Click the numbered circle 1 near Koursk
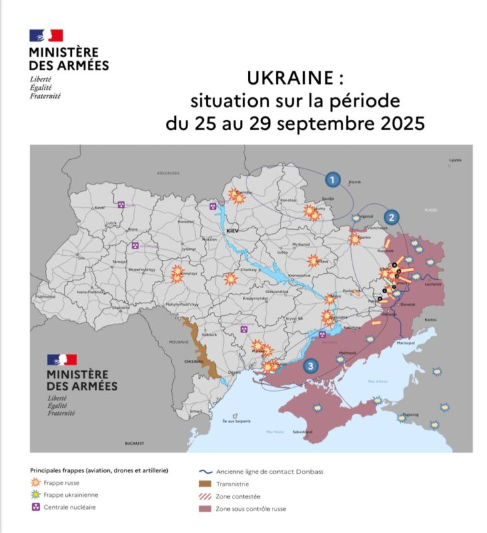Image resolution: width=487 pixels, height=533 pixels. click(x=333, y=179)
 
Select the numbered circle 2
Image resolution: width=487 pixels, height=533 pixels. click(x=392, y=217)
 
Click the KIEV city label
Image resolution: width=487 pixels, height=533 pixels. click(x=233, y=230)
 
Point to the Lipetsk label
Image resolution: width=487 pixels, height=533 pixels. click(x=455, y=161)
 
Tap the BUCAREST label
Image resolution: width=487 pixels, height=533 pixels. click(x=135, y=442)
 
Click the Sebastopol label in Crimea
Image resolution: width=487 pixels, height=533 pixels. click(x=313, y=432)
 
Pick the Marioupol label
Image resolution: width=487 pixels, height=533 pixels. click(x=405, y=342)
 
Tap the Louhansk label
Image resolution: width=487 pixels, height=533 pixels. click(x=433, y=284)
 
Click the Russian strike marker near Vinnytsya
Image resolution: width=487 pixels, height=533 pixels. click(x=177, y=273)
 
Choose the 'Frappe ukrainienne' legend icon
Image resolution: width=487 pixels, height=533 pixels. click(x=37, y=495)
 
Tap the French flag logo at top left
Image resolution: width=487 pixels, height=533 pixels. click(x=45, y=36)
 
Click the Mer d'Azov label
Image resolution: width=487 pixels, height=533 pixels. click(x=377, y=381)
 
